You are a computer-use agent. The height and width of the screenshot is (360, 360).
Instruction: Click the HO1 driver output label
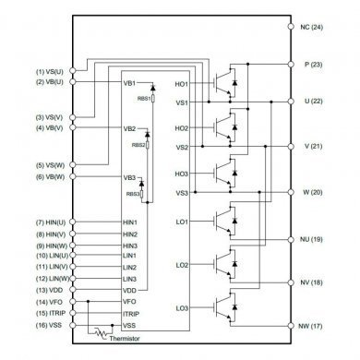click(180, 84)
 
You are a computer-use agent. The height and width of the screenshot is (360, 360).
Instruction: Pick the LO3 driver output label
click(180, 306)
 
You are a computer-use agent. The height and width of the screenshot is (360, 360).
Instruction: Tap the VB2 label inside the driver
click(129, 129)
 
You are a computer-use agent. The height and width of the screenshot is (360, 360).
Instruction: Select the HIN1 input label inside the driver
click(129, 222)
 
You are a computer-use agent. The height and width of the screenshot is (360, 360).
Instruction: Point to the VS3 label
click(180, 192)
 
